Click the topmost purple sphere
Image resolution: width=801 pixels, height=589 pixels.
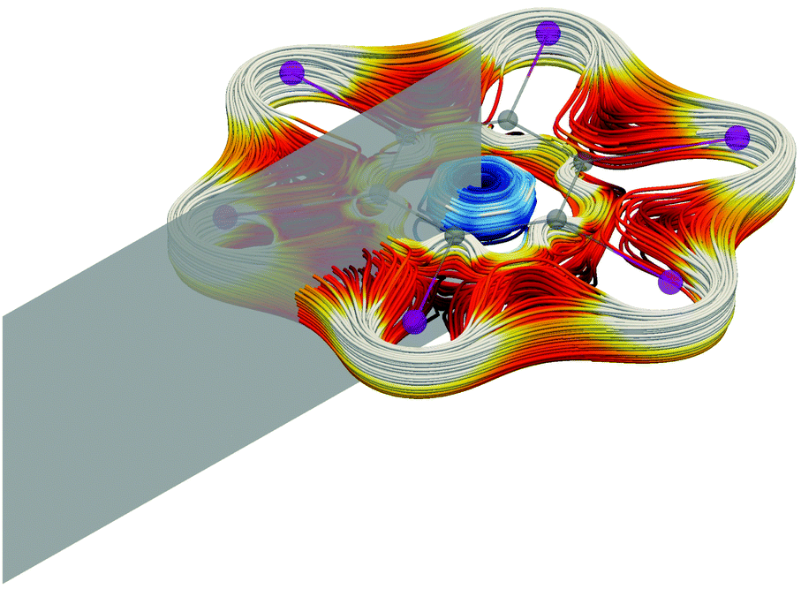548,34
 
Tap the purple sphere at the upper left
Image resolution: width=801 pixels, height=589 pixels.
291,72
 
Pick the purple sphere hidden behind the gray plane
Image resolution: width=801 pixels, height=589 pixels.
226,215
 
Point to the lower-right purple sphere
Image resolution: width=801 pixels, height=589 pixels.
670,282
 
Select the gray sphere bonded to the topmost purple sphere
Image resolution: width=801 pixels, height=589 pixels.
507,119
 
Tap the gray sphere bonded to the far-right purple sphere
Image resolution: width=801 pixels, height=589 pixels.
583,162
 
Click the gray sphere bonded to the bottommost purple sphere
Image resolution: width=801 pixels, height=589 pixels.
454,236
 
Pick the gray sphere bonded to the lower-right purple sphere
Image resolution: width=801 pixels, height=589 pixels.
556,218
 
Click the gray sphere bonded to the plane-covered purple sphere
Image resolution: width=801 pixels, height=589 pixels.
374,195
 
